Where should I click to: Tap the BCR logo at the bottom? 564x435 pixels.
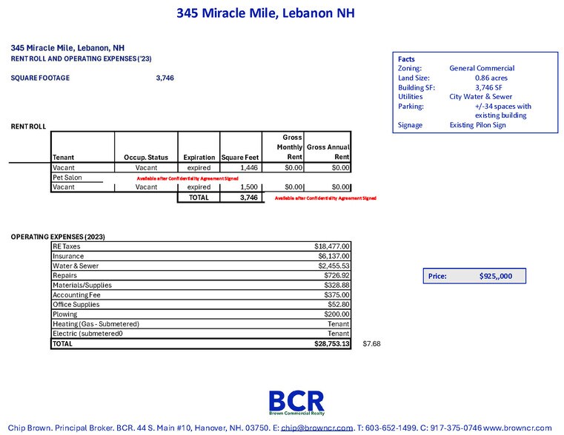click(x=296, y=402)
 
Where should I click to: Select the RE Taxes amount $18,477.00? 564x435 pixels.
click(x=332, y=246)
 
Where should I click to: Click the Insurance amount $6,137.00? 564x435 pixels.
click(x=334, y=256)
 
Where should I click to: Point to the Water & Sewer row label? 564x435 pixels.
click(x=76, y=266)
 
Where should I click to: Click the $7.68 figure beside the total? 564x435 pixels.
click(x=371, y=344)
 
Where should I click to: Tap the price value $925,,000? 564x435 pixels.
click(x=501, y=276)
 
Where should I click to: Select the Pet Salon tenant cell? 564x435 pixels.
click(x=67, y=178)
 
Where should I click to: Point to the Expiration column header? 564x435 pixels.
click(x=199, y=158)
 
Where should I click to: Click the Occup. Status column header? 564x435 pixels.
click(x=146, y=158)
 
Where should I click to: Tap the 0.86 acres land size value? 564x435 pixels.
click(x=491, y=78)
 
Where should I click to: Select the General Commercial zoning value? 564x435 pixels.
click(x=482, y=68)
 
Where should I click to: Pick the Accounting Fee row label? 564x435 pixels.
click(x=76, y=294)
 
